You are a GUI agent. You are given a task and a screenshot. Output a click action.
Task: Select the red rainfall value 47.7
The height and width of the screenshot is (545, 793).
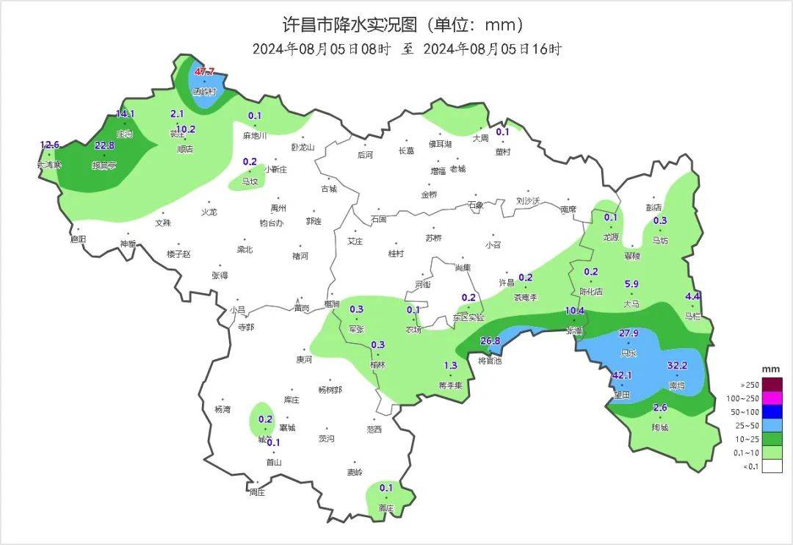(204, 71)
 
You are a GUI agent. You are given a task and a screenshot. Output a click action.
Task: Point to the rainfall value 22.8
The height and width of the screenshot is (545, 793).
(104, 145)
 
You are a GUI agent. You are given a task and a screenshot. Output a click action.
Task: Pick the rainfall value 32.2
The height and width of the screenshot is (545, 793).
(676, 365)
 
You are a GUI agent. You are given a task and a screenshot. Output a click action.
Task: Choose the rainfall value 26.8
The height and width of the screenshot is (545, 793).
(490, 341)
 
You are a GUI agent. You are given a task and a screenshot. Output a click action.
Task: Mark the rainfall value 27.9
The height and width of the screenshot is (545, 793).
(629, 333)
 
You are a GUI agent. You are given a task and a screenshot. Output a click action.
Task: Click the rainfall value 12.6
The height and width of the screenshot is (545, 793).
(49, 145)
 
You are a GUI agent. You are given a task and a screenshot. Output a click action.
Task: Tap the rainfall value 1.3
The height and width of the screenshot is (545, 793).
(451, 366)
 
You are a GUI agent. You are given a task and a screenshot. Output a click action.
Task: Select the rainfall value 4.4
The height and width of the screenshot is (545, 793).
(692, 296)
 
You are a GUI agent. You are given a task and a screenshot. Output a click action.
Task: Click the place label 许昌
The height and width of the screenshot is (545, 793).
(507, 283)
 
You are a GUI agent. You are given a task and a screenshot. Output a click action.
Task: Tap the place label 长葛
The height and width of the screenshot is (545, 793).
(406, 151)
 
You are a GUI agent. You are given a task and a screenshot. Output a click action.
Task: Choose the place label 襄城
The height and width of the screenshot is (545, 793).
(287, 427)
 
